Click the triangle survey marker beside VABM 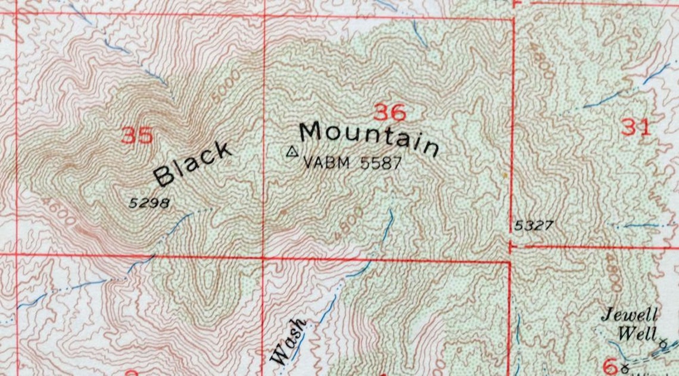pos(291,152)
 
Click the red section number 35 pos(137,136)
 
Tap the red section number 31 pos(636,127)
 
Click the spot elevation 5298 pos(149,203)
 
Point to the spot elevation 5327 pos(534,225)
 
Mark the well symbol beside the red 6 pos(625,365)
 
